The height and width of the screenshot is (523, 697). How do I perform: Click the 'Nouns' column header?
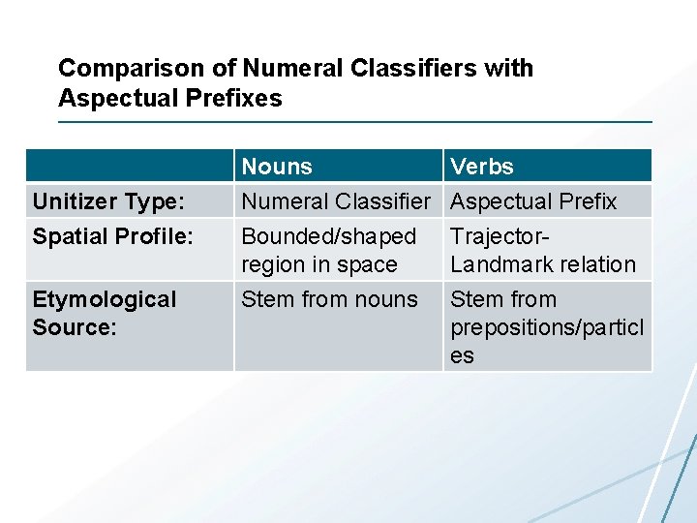[277, 167]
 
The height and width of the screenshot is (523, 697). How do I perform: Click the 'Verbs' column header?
[482, 167]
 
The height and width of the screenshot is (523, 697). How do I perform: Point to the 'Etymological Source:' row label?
[105, 313]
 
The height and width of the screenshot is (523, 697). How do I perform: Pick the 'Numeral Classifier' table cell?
[335, 201]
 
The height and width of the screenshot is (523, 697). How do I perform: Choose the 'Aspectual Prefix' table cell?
[533, 201]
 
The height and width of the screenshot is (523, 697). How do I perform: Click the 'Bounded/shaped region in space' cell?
[328, 250]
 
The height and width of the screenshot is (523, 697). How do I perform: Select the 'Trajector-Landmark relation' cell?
[543, 250]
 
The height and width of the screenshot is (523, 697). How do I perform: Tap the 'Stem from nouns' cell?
[329, 299]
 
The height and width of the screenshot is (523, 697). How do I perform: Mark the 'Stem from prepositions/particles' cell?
[546, 327]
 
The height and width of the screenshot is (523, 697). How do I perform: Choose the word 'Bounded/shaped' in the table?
[328, 236]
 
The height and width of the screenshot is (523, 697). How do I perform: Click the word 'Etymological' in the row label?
[105, 299]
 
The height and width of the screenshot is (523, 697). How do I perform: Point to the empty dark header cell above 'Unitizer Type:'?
[130, 167]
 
